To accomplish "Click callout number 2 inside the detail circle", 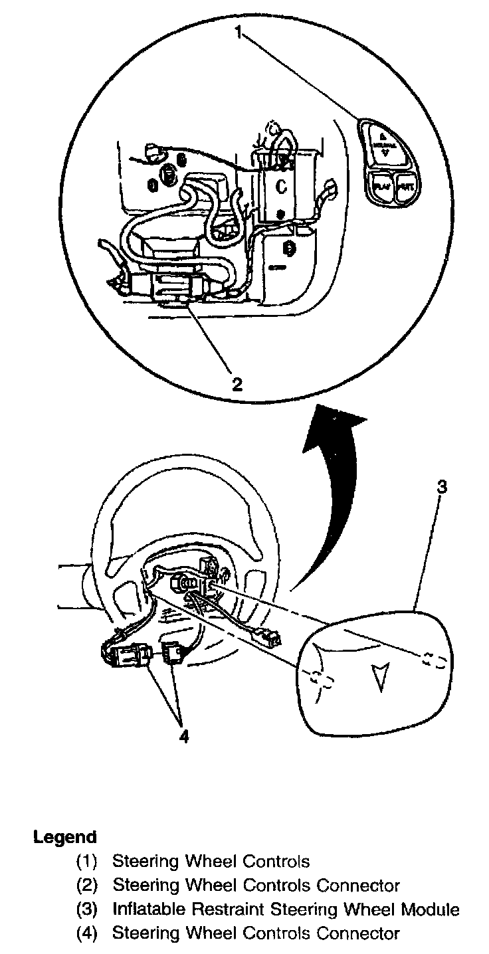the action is [236, 383].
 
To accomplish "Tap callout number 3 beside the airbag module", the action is [441, 487].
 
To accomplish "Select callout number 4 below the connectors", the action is [184, 735].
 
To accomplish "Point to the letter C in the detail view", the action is [281, 187].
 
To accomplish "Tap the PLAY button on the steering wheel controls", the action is [381, 187].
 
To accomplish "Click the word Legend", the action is [65, 837].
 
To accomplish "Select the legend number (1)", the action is [86, 862].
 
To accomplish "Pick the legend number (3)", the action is [86, 909].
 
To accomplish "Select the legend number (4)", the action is [86, 933].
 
